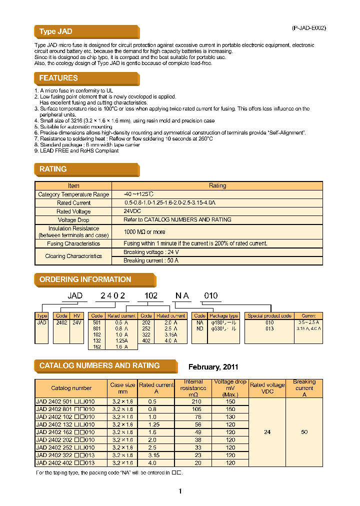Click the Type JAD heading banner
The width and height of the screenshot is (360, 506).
(56, 31)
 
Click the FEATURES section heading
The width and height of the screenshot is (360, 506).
(58, 78)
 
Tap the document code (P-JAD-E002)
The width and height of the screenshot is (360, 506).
(308, 28)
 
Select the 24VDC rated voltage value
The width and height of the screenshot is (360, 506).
(132, 211)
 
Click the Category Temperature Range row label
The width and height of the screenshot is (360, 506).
(73, 194)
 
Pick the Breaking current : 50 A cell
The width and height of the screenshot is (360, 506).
(151, 260)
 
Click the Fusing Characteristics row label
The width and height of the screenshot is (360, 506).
(73, 243)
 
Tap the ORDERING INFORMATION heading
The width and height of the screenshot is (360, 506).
(85, 279)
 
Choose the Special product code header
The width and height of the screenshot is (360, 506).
(269, 316)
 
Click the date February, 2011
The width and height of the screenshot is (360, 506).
(213, 367)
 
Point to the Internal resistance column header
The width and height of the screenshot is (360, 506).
(193, 387)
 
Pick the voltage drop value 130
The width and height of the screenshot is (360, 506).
(230, 416)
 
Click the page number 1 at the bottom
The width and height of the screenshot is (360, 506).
(180, 491)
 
